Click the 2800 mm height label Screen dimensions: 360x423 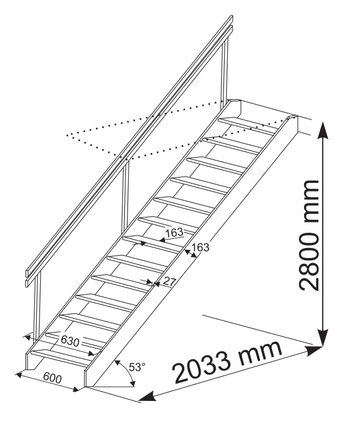pyautogui.click(x=309, y=236)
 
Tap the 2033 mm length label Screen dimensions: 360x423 pyautogui.click(x=228, y=363)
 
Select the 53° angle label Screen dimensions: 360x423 pyautogui.click(x=137, y=367)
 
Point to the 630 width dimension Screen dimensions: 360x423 pyautogui.click(x=70, y=341)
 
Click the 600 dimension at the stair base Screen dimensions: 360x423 pyautogui.click(x=52, y=378)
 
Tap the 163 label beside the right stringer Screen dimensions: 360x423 pyautogui.click(x=200, y=247)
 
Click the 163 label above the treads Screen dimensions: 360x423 pyautogui.click(x=174, y=233)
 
